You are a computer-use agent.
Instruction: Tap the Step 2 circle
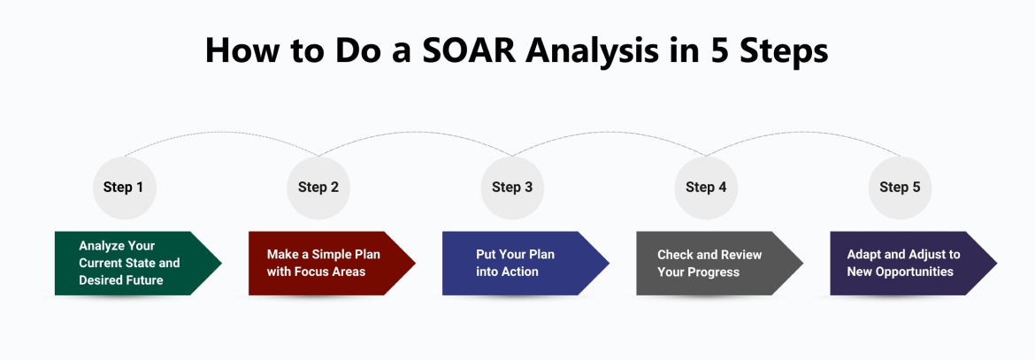(318, 188)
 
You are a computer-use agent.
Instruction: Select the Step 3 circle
(512, 188)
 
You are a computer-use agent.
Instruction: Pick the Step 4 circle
(706, 188)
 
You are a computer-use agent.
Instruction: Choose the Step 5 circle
(900, 188)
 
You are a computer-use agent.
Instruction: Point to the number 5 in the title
(721, 50)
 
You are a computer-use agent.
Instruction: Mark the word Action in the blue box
(520, 272)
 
